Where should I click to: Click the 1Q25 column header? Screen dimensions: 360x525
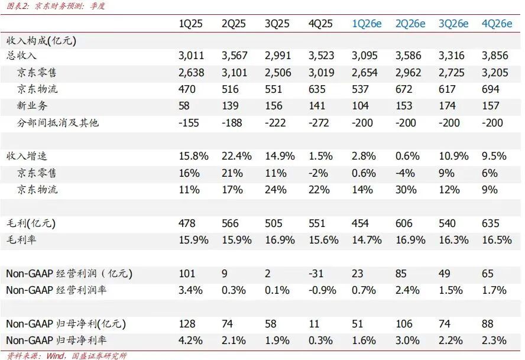click(x=191, y=24)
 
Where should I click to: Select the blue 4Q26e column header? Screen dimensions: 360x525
click(x=497, y=24)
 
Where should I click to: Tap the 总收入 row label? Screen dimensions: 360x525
click(x=21, y=56)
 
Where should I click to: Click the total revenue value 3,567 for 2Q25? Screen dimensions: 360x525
click(x=234, y=56)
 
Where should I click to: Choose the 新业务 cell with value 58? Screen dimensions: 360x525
click(x=185, y=106)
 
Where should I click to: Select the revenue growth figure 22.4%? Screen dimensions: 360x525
click(x=236, y=157)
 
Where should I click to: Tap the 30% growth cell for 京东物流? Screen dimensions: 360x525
click(x=406, y=190)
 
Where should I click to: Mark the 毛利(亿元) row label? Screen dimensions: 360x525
click(x=30, y=224)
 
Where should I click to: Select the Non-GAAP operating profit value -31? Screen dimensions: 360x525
click(x=318, y=274)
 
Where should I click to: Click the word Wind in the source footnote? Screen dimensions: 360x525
click(x=56, y=355)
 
